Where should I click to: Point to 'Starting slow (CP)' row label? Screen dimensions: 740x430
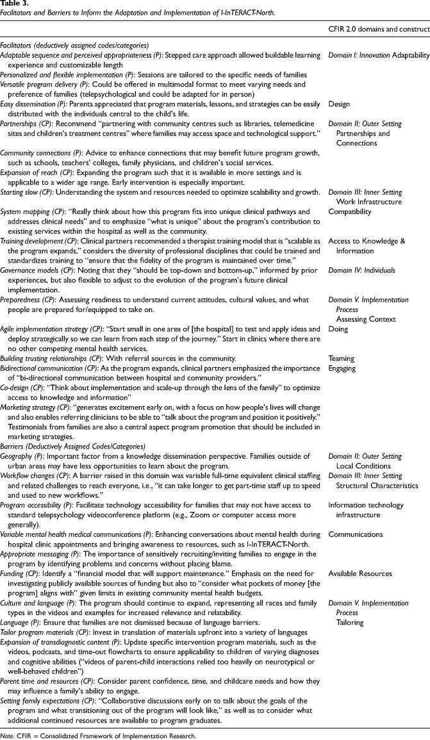(30, 192)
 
